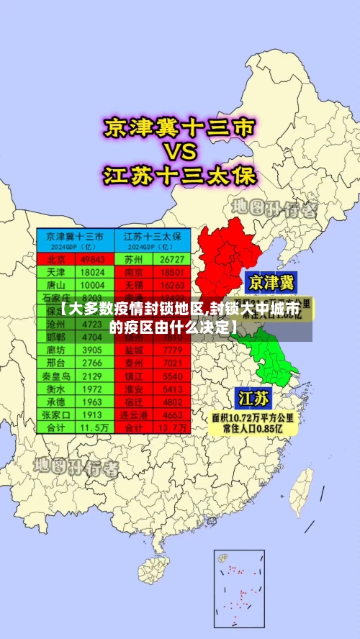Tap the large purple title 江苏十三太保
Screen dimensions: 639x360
179,174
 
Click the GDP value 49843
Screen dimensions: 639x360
92,259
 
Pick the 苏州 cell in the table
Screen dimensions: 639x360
134,259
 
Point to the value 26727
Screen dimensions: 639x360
173,259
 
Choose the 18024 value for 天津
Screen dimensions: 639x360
92,273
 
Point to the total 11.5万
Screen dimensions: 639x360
92,427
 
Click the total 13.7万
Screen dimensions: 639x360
173,427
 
